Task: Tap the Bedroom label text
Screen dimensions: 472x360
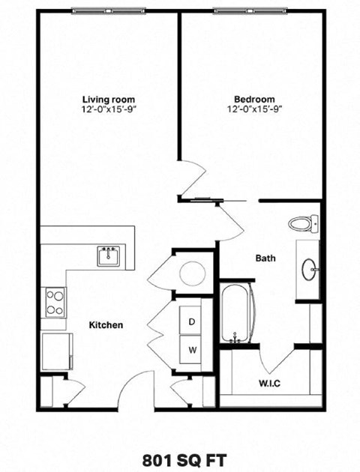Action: (253, 98)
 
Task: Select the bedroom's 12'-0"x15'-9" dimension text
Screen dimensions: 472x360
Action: (253, 109)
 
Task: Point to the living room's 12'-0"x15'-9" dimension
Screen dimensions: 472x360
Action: (109, 109)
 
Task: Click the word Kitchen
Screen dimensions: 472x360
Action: (106, 325)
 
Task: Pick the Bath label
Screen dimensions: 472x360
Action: (265, 258)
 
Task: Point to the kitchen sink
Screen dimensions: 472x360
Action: (109, 256)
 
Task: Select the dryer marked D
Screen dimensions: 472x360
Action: (192, 321)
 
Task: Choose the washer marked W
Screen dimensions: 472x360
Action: (192, 349)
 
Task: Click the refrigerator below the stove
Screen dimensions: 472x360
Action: (57, 350)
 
